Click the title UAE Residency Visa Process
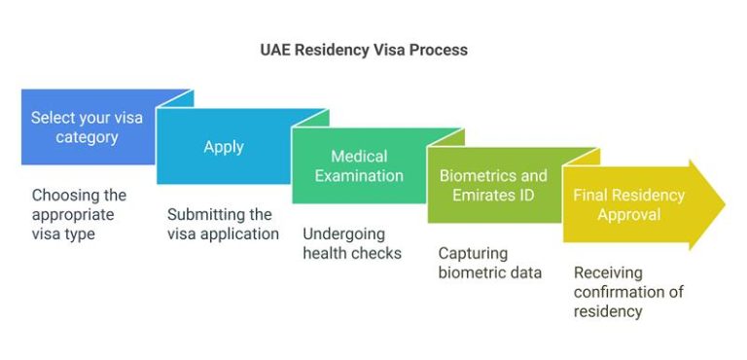[373, 50]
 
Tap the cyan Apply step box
[223, 147]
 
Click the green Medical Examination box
[358, 166]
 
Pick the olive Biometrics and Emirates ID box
[493, 185]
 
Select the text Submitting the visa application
[223, 224]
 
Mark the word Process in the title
[438, 50]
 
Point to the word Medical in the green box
[359, 157]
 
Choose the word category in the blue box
[87, 137]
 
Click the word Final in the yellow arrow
[590, 195]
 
